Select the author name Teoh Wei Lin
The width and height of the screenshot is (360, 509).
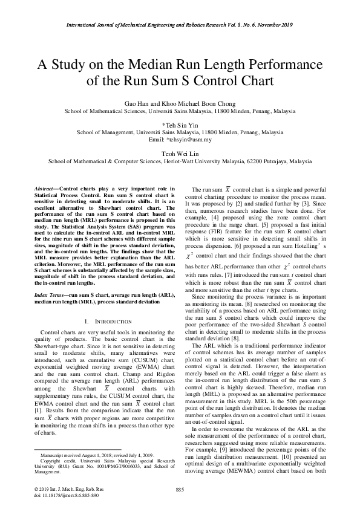tap(180, 154)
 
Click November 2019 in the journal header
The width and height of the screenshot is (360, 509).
tap(274, 24)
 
